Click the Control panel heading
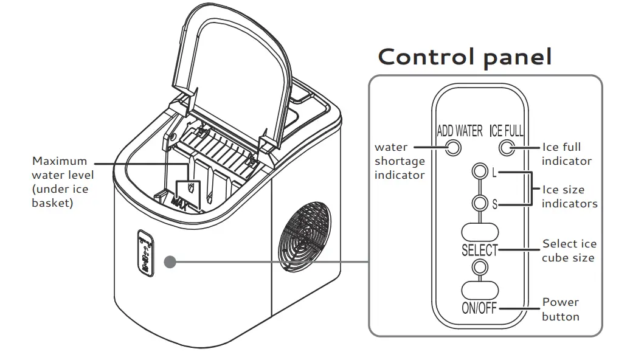click(465, 57)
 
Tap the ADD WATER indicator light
click(452, 147)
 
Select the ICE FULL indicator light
click(505, 147)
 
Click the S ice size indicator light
click(480, 204)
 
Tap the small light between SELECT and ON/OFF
click(480, 266)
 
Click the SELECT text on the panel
click(479, 249)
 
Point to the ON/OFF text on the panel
click(479, 308)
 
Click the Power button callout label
click(560, 309)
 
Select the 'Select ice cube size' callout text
click(569, 251)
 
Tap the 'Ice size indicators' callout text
click(569, 196)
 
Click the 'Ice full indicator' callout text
click(566, 154)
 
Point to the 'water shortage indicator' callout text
click(399, 161)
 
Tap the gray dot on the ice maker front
click(170, 262)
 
